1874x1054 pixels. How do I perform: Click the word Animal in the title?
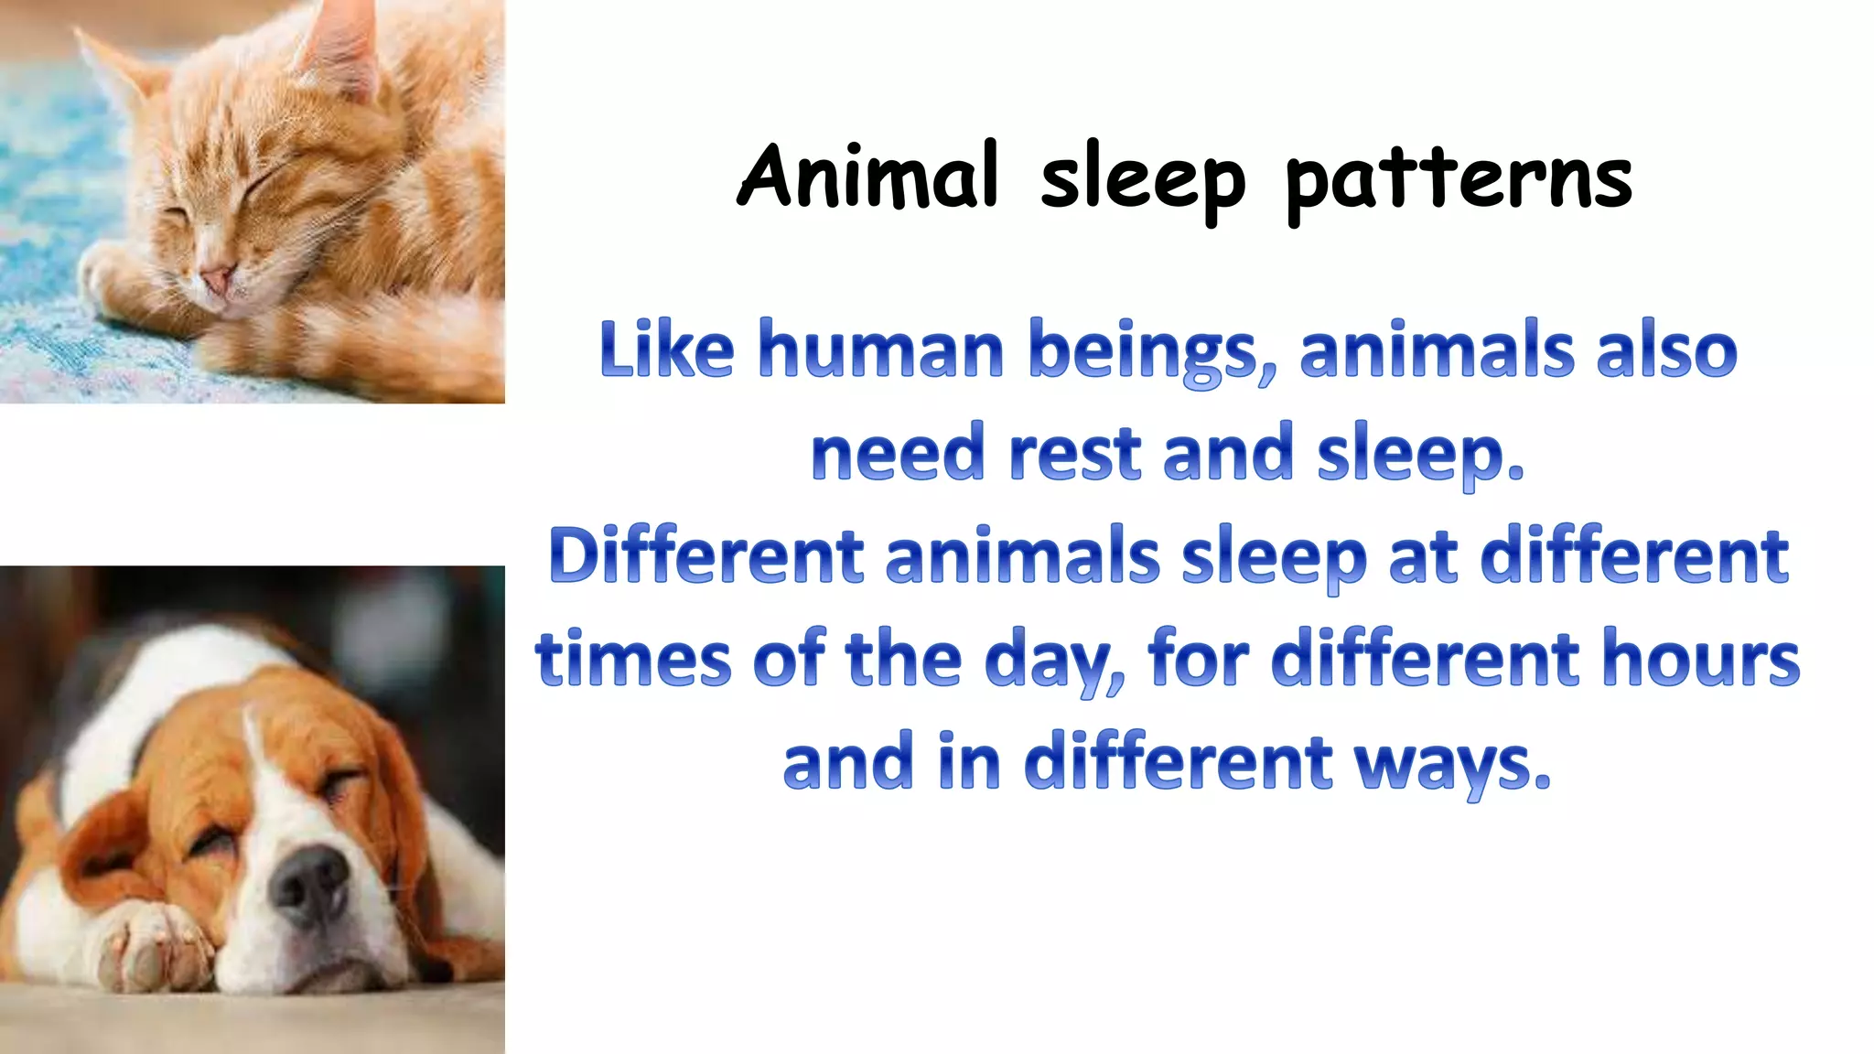point(867,176)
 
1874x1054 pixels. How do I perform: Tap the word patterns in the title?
point(1459,180)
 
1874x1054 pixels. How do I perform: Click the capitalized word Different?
point(705,555)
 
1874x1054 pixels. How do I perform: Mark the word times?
point(633,659)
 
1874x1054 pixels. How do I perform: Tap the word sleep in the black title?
point(1143,180)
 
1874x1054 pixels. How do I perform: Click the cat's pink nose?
point(218,277)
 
